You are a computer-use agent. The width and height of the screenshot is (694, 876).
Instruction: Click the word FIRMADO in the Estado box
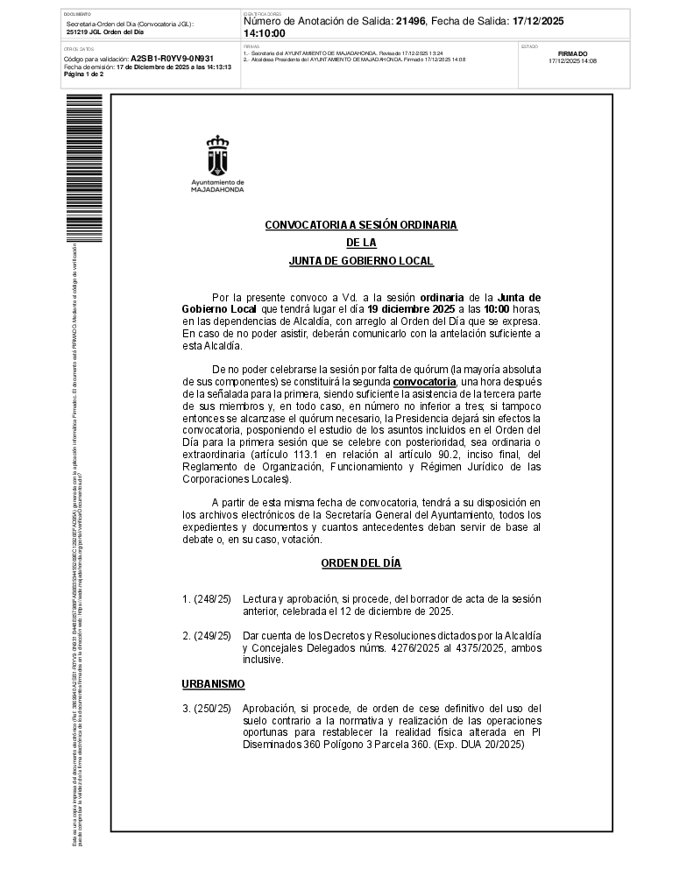point(572,53)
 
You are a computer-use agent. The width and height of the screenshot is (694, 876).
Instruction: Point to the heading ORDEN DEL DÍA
point(361,563)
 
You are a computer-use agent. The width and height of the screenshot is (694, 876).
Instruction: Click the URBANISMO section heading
point(213,683)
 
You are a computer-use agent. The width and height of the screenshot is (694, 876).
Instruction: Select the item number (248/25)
point(207,599)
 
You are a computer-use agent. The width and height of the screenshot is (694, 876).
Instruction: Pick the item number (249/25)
point(207,635)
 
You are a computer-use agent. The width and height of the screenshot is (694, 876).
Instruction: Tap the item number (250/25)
point(207,708)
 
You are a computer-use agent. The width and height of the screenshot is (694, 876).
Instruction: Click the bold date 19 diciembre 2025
point(411,309)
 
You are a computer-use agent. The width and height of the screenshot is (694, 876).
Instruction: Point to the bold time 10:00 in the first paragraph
point(497,309)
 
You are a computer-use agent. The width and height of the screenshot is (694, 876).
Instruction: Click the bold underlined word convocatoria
point(425,382)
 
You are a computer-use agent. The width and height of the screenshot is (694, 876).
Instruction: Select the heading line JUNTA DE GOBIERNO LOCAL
point(361,261)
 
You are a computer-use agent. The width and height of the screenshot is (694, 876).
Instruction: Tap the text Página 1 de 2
point(84,74)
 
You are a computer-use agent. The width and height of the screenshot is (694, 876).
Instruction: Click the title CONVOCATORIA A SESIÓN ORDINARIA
point(361,225)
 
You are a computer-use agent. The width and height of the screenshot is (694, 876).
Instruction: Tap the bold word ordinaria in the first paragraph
point(442,298)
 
